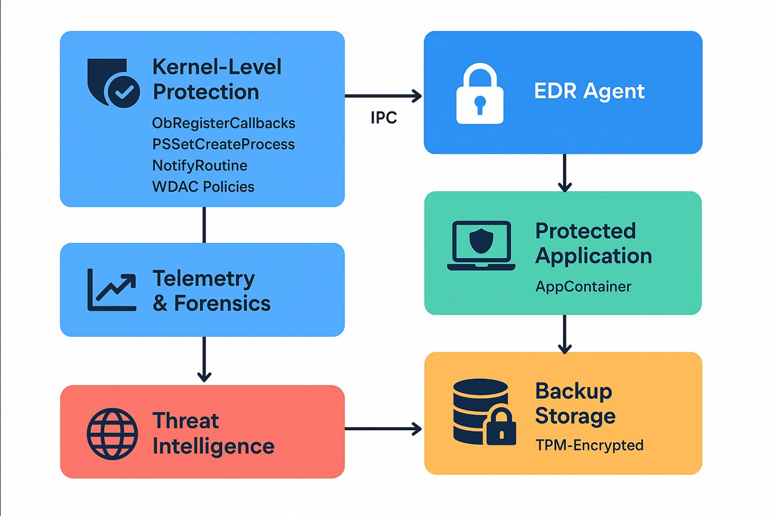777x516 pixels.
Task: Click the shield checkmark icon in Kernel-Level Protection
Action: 113,84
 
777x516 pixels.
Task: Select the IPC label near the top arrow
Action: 384,118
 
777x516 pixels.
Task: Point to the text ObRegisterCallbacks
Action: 223,123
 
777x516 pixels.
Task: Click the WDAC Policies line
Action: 203,187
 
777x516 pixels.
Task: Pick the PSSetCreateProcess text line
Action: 223,144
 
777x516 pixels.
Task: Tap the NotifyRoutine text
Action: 200,166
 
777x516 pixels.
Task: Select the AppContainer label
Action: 583,286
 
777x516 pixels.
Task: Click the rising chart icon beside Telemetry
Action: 112,290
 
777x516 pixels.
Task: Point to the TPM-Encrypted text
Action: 589,445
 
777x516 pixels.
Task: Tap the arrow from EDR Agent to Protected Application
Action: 565,172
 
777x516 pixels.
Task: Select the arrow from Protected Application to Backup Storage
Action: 565,333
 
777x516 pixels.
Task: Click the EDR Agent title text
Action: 589,92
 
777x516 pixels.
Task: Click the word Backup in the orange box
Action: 573,391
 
